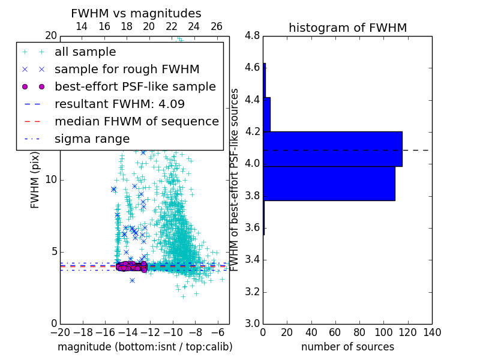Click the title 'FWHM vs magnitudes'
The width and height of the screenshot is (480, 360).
[x=136, y=13]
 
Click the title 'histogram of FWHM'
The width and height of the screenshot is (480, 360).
[x=347, y=28]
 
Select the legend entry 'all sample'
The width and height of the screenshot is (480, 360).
[x=85, y=52]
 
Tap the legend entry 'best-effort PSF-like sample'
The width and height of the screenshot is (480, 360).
[x=135, y=86]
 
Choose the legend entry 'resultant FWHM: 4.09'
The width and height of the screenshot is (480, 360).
[x=119, y=104]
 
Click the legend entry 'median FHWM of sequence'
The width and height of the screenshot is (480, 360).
[x=136, y=121]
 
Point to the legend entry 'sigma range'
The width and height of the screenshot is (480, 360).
[x=92, y=139]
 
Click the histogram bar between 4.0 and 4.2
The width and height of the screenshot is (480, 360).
[x=333, y=149]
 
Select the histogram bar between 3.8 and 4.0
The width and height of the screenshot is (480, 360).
[x=329, y=183]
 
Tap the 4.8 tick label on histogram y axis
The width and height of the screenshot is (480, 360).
[x=252, y=36]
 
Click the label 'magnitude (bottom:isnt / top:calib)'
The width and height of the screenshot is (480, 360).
[x=145, y=347]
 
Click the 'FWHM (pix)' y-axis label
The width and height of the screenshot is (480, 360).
[x=35, y=181]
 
